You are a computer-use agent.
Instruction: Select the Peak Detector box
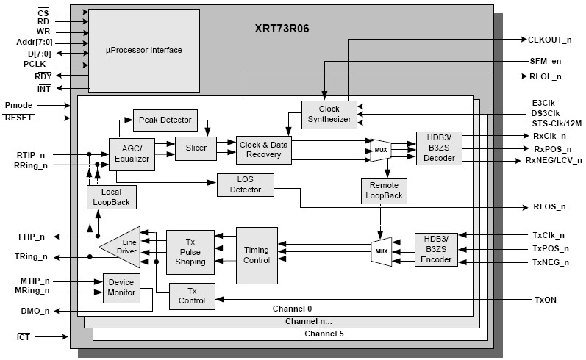coord(165,119)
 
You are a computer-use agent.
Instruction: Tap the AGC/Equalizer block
coord(132,154)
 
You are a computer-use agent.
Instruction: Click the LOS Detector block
coord(245,184)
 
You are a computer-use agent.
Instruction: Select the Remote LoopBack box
coord(384,190)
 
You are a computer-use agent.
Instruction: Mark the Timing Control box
coord(257,255)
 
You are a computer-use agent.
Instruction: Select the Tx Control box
coord(192,295)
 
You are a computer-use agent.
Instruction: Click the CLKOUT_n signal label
coord(549,39)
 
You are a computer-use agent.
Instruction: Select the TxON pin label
coord(546,300)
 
